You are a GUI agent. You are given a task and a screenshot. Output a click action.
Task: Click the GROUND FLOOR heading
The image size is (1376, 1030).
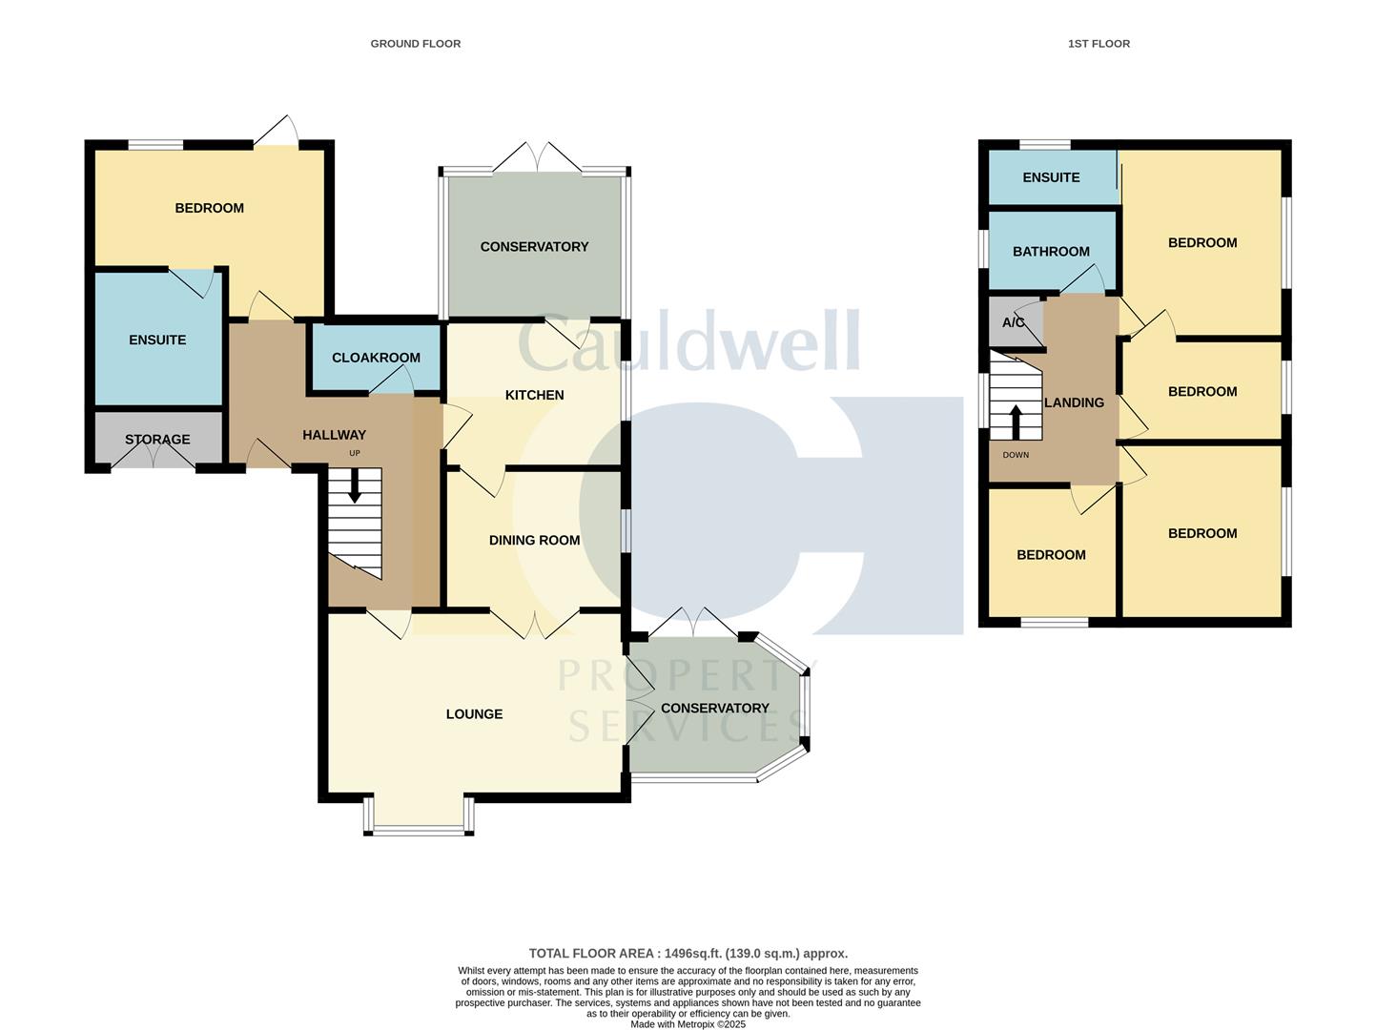(415, 44)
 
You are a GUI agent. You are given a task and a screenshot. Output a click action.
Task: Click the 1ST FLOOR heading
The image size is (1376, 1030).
(1099, 44)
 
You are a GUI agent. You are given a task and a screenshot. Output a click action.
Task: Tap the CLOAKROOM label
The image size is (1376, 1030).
(376, 358)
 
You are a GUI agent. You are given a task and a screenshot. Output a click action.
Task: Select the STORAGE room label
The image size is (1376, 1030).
(157, 440)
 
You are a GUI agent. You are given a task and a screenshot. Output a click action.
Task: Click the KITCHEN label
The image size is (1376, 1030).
(534, 395)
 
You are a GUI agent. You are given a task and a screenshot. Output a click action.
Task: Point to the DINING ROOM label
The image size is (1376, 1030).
(534, 540)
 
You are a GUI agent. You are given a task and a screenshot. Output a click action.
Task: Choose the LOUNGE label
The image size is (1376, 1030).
(474, 714)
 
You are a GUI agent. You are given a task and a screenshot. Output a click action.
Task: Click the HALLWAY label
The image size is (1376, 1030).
(334, 435)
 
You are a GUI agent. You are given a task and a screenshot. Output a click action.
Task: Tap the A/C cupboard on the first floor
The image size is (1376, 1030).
(1013, 322)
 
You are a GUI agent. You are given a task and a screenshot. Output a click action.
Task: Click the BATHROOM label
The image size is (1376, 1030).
(1051, 252)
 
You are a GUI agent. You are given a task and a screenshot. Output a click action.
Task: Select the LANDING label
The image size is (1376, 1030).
(1074, 402)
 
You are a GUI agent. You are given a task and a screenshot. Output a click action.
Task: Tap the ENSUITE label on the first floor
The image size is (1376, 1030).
(1051, 177)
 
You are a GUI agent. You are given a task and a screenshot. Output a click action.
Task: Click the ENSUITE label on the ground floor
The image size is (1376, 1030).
(157, 340)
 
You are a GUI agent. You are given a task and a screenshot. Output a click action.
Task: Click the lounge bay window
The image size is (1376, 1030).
(419, 828)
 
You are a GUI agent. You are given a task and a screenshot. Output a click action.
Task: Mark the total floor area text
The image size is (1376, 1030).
(688, 953)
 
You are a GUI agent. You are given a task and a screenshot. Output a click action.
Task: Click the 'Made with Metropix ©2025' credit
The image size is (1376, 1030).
(688, 1024)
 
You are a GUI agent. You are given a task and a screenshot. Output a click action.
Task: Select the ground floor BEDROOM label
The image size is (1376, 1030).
(209, 208)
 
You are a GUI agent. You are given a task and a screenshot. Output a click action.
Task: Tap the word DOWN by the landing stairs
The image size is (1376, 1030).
(1016, 455)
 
